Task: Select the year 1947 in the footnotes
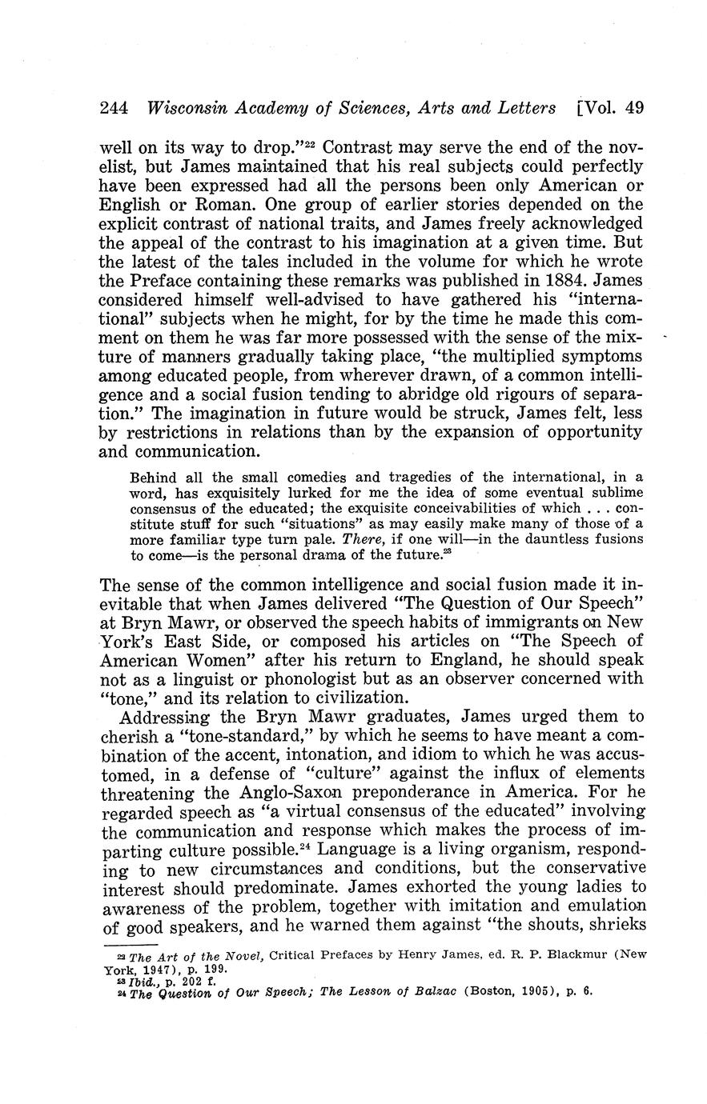point(160,968)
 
